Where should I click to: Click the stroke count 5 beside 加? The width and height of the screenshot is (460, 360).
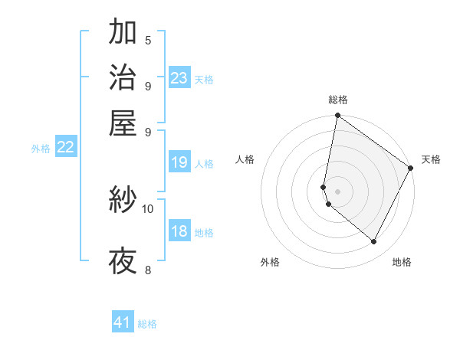pyautogui.click(x=148, y=41)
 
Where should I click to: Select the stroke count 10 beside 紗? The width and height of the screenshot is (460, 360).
pyautogui.click(x=148, y=208)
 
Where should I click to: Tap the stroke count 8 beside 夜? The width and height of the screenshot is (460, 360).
pyautogui.click(x=148, y=270)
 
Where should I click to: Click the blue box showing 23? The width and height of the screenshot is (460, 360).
pyautogui.click(x=179, y=77)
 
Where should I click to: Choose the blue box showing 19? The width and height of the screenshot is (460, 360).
pyautogui.click(x=179, y=162)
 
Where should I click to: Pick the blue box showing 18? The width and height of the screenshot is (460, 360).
pyautogui.click(x=179, y=231)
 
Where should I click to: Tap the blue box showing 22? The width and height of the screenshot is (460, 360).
pyautogui.click(x=66, y=147)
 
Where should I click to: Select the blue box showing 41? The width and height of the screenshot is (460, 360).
pyautogui.click(x=123, y=322)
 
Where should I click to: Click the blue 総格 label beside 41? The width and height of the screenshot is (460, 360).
pyautogui.click(x=147, y=324)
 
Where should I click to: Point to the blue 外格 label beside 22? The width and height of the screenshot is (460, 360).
pyautogui.click(x=41, y=149)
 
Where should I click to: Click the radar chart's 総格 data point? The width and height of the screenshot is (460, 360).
pyautogui.click(x=337, y=116)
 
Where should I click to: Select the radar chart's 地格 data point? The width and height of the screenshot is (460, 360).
pyautogui.click(x=373, y=242)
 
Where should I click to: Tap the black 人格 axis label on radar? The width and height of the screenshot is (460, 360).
pyautogui.click(x=245, y=159)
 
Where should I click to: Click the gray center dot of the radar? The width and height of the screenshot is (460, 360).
pyautogui.click(x=337, y=191)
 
